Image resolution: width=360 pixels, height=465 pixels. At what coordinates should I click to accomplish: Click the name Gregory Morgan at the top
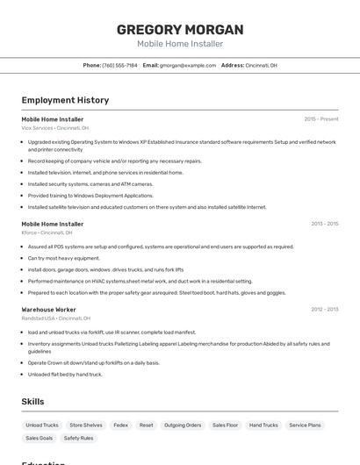180,30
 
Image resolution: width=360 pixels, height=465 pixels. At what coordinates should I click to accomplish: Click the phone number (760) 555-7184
120,65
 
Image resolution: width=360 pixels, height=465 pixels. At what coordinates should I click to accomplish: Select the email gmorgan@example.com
187,65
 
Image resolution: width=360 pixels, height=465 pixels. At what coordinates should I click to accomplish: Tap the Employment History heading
65,100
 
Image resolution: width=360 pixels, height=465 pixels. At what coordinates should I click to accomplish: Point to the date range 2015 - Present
321,118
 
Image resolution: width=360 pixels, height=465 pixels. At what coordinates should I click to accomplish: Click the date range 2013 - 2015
325,224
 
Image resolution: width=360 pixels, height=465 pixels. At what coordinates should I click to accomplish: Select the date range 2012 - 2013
325,309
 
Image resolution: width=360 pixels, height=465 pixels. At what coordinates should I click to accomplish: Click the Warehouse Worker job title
48,310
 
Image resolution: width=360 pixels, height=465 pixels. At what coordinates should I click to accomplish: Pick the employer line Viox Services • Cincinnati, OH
55,127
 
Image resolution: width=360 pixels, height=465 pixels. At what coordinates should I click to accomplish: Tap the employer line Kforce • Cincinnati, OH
47,232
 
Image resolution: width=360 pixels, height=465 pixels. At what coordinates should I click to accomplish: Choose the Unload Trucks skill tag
42,425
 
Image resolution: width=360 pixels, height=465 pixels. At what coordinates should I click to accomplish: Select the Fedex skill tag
121,425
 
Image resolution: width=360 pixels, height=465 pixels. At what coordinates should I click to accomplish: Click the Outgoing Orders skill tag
183,425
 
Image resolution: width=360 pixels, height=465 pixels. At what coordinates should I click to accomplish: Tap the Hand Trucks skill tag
263,425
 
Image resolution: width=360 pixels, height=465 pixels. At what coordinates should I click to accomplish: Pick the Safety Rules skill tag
78,438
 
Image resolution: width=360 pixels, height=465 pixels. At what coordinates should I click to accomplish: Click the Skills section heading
33,401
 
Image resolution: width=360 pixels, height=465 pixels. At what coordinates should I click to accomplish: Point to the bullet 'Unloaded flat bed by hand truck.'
65,375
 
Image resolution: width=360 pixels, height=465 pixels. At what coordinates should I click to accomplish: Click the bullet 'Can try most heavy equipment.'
64,258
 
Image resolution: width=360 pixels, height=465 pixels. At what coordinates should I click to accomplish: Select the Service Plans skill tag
306,425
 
